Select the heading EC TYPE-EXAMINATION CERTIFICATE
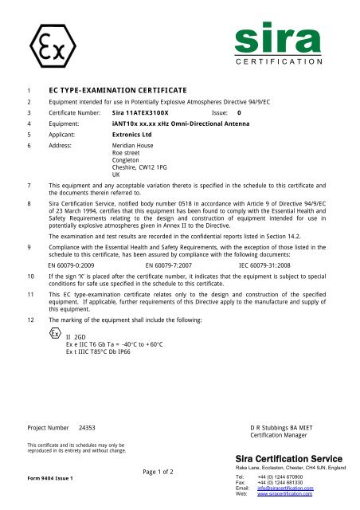[x=107, y=92]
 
